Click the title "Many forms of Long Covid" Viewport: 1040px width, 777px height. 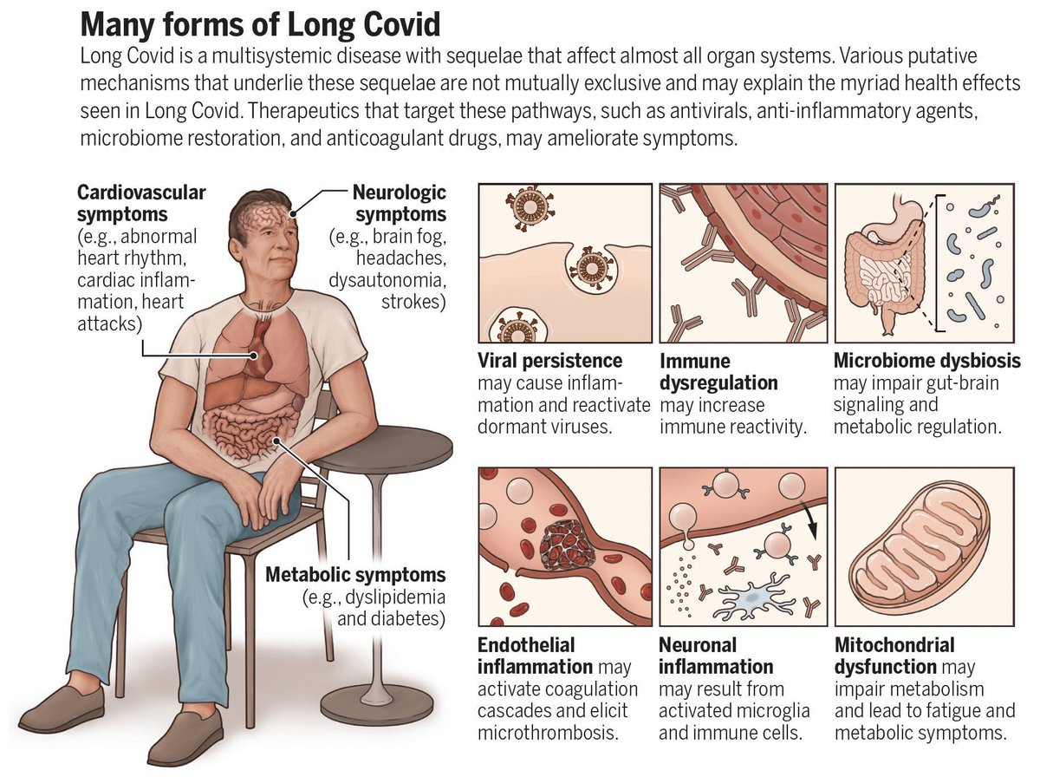point(260,23)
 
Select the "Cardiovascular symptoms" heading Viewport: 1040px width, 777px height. point(141,202)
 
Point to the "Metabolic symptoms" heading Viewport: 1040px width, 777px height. point(355,574)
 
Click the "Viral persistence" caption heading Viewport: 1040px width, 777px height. point(549,361)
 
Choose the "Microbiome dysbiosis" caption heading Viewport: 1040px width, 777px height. point(926,361)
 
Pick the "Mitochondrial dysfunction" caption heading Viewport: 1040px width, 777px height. point(894,656)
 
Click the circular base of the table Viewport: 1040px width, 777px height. point(376,701)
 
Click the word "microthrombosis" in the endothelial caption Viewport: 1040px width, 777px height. point(549,733)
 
